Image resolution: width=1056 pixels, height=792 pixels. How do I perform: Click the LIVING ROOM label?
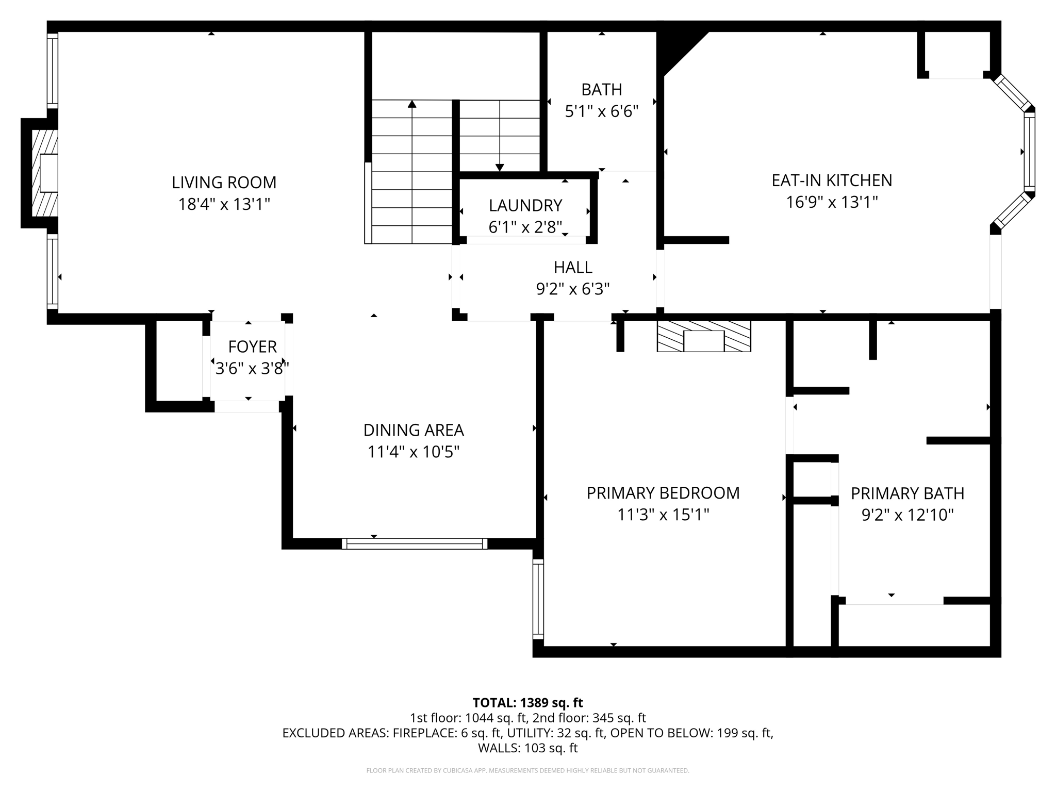(x=224, y=183)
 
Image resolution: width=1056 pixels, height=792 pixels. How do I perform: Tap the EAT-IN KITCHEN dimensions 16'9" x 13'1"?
(x=831, y=202)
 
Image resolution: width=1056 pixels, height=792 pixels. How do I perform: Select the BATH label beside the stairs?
(x=601, y=90)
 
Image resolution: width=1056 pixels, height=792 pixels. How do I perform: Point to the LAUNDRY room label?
(x=525, y=205)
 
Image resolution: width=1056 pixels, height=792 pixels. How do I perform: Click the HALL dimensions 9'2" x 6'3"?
(x=572, y=289)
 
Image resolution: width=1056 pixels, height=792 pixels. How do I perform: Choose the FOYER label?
(x=252, y=346)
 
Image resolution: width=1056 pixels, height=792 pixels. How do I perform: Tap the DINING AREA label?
(x=414, y=430)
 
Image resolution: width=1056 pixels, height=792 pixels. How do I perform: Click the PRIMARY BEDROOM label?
(x=663, y=493)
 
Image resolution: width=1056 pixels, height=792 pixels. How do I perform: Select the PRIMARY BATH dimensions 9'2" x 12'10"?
(x=907, y=515)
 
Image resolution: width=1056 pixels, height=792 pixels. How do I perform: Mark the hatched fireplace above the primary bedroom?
(x=703, y=336)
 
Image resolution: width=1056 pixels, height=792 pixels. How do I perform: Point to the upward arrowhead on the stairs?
(x=411, y=104)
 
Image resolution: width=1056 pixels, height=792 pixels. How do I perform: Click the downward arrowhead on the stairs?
(x=499, y=168)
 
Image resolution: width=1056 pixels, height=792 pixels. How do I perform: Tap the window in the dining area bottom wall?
(x=414, y=543)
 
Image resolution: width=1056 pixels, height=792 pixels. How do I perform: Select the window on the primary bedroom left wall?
(x=538, y=599)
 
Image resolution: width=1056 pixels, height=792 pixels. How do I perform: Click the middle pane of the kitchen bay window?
(x=1029, y=152)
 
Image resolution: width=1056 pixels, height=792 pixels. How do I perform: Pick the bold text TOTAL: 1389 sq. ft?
(x=527, y=703)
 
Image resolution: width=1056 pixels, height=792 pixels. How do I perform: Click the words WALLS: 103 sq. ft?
(x=527, y=748)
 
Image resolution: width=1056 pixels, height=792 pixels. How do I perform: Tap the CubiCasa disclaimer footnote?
(x=527, y=771)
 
